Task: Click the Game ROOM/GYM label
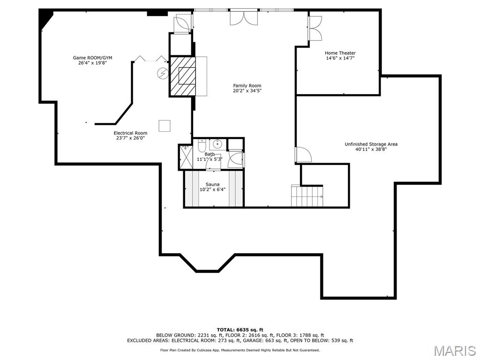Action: [x=92, y=58]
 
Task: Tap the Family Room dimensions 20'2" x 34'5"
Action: [x=247, y=90]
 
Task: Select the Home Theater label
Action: [x=340, y=53]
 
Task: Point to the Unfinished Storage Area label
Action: [x=371, y=144]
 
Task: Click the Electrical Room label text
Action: [x=130, y=133]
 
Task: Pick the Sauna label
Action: [x=212, y=185]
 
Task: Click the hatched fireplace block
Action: [x=182, y=76]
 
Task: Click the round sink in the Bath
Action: [x=217, y=144]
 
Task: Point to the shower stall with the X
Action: [x=185, y=156]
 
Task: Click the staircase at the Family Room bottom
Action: [x=307, y=196]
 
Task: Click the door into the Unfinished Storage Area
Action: [x=302, y=155]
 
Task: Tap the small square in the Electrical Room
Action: [x=165, y=126]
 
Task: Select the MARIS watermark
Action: [x=454, y=350]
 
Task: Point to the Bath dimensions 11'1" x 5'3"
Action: [x=210, y=159]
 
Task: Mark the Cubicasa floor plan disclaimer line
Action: [x=240, y=350]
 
